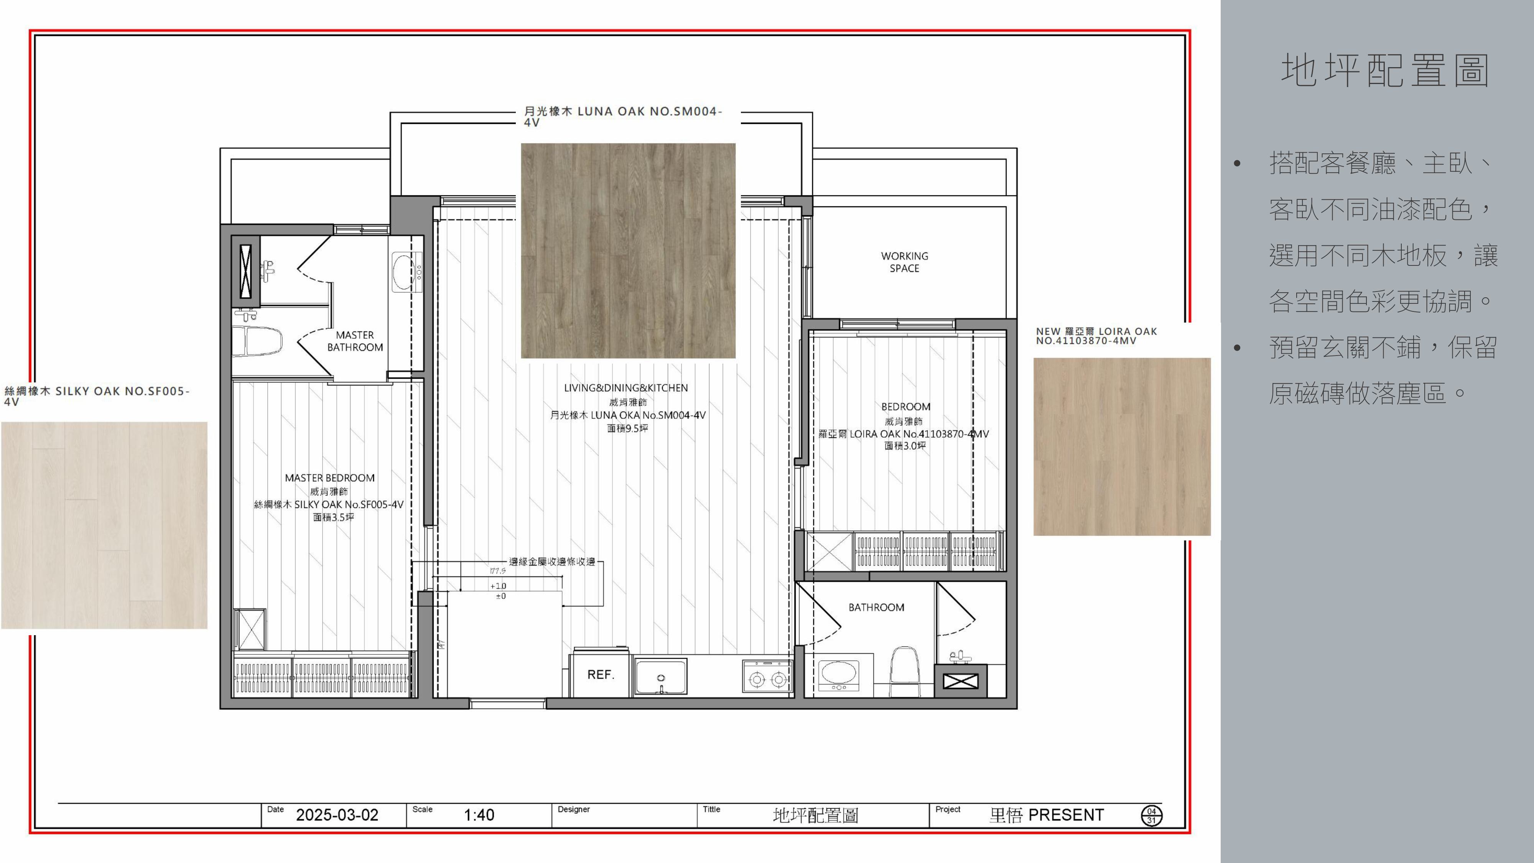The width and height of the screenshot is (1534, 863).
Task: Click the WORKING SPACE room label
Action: (905, 262)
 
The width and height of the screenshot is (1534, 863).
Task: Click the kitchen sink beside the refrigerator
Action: (660, 676)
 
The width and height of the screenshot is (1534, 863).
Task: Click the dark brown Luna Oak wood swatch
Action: (628, 251)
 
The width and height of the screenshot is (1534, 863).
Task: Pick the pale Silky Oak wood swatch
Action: (104, 525)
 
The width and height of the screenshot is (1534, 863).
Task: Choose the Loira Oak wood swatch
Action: (1122, 447)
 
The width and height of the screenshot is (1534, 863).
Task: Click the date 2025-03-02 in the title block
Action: (337, 815)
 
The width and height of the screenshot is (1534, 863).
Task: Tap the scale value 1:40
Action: (479, 815)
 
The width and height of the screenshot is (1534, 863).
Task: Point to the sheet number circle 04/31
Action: (1152, 815)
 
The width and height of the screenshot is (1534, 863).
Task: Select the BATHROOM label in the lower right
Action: (876, 608)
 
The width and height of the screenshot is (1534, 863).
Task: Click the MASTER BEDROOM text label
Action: (330, 478)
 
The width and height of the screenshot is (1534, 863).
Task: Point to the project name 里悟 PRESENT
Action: (1046, 815)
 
